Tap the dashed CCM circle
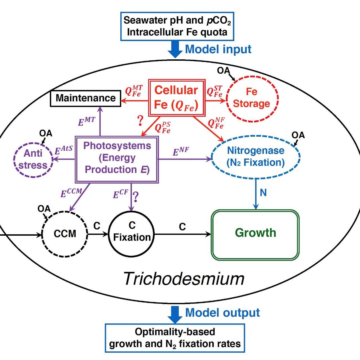(65, 234)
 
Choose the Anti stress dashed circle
(33, 159)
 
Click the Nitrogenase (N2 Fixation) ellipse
(256, 157)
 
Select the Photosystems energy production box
(117, 159)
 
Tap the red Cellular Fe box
(176, 98)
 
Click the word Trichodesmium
(184, 279)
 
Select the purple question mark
(136, 197)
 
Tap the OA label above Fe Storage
(223, 71)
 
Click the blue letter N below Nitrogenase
(263, 193)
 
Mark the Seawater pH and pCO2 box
(177, 26)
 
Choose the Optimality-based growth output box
(175, 338)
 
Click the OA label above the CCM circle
(44, 209)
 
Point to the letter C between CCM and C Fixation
(97, 226)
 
